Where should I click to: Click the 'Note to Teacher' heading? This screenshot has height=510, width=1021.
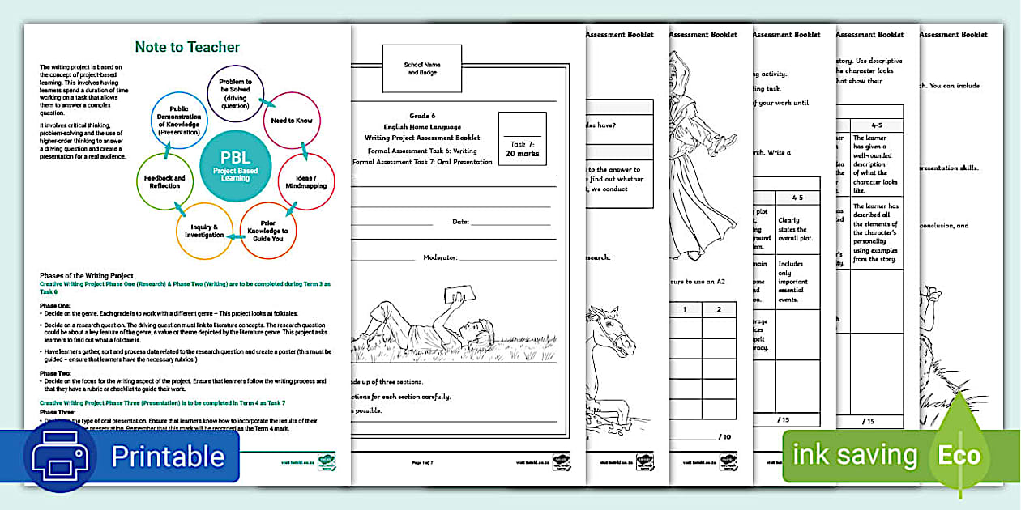(187, 47)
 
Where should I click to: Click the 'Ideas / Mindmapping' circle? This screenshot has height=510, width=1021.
(306, 181)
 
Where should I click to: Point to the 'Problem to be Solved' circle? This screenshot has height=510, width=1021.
(236, 92)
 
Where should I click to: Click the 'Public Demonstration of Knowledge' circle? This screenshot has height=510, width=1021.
(179, 121)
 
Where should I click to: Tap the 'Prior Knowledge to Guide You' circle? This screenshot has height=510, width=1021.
(268, 231)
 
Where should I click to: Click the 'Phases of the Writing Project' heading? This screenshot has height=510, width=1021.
(87, 276)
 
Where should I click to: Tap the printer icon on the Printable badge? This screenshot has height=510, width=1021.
(60, 456)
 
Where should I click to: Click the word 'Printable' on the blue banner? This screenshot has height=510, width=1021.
(167, 456)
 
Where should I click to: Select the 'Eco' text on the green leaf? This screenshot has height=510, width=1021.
(959, 455)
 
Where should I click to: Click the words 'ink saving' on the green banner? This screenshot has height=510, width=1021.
(854, 455)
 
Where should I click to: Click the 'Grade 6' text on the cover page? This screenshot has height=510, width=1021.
(421, 116)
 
